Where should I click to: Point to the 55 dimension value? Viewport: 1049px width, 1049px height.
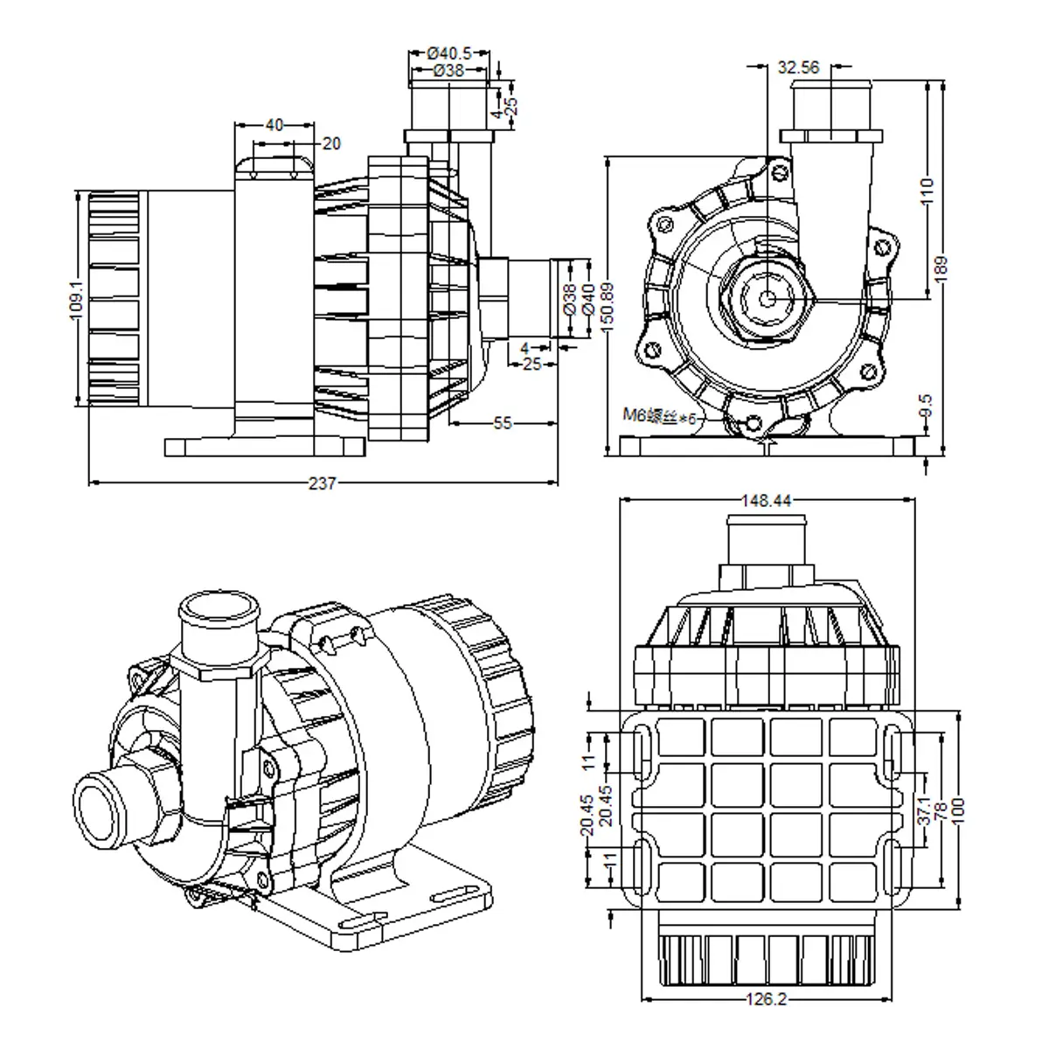(x=502, y=423)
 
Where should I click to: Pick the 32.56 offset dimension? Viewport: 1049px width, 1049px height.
(x=798, y=66)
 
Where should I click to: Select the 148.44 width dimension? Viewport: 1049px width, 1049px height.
(x=766, y=501)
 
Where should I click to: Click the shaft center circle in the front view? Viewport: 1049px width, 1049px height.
(x=767, y=297)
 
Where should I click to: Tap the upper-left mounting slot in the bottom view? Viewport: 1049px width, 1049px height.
(x=641, y=750)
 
